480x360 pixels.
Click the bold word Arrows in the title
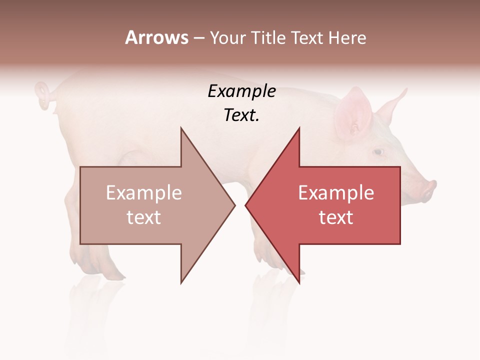tap(156, 37)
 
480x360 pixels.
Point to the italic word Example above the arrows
tap(241, 91)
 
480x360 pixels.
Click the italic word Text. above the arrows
tap(241, 115)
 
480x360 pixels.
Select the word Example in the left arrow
tap(144, 193)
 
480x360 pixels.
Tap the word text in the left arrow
tap(144, 217)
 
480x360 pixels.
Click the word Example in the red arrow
tap(336, 193)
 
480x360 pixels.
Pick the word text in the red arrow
tap(336, 217)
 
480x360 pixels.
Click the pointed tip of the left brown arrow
tap(234, 205)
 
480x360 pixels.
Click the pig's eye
tap(378, 151)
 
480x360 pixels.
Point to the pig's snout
tap(429, 189)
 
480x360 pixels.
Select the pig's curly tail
tap(44, 95)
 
